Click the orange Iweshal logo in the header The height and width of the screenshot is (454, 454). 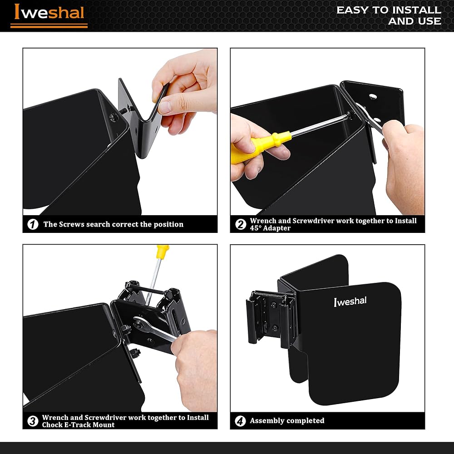[49, 14]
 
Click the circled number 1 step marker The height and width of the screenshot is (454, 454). [33, 224]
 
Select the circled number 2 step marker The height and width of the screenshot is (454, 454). [241, 224]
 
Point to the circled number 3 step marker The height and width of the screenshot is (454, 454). [33, 421]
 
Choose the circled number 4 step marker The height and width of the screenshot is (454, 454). [240, 421]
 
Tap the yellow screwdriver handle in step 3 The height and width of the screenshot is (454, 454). [163, 252]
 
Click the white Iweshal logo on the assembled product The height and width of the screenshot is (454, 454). [350, 301]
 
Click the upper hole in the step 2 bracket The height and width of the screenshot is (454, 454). [373, 96]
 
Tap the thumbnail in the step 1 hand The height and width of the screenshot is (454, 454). [165, 107]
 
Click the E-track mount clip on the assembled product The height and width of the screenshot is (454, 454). [271, 319]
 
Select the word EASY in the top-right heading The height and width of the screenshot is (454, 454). [352, 10]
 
